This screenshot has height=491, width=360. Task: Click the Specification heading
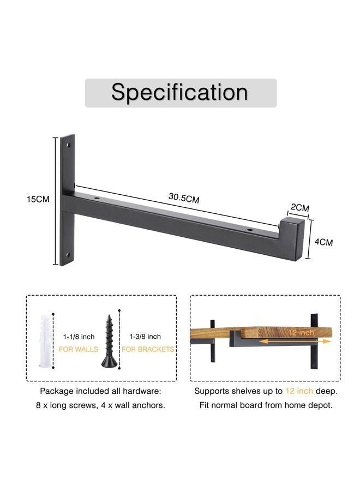coord(179,92)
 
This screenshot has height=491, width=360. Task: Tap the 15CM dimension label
coord(38,199)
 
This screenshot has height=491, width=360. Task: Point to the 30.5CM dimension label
coord(184,198)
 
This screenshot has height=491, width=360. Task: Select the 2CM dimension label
coord(300,207)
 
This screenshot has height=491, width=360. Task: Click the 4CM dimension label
coord(323,242)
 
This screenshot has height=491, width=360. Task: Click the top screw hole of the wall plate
coord(68,145)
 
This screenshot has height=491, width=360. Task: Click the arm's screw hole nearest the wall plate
coord(96,198)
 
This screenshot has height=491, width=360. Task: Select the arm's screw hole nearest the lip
coord(249,230)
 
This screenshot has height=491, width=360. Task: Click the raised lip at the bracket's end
coord(292,238)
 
